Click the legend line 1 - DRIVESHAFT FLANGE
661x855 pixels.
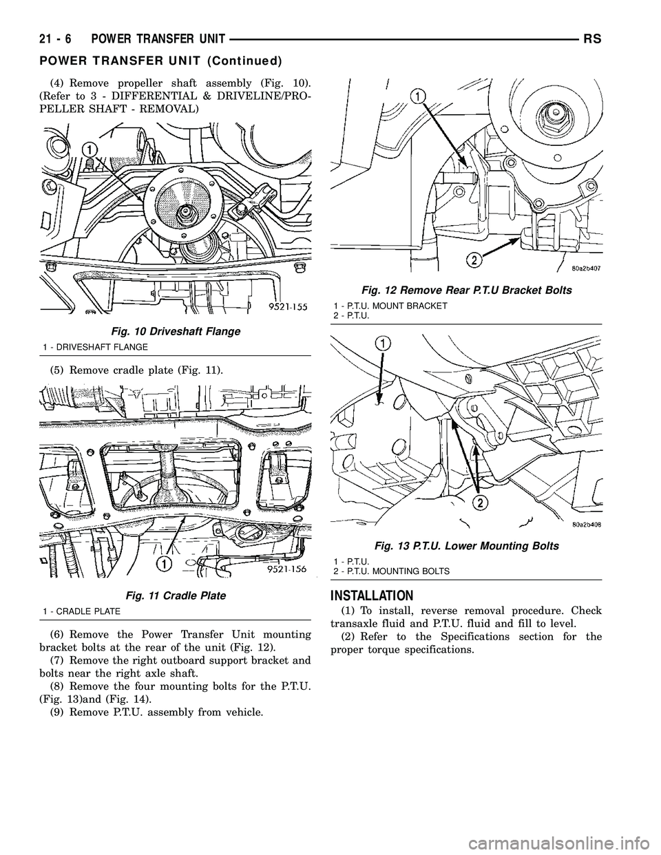(87, 346)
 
